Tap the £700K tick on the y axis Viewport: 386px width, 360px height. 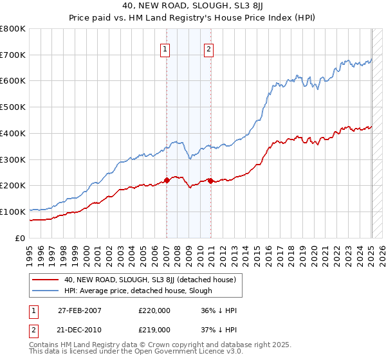(x=13, y=55)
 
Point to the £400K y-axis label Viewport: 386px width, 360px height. (x=13, y=133)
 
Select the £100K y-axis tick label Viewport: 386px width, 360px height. (x=13, y=212)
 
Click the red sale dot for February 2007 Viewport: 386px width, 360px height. (x=167, y=180)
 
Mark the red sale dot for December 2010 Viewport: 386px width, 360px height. (x=210, y=181)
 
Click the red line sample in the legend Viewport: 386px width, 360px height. (x=47, y=280)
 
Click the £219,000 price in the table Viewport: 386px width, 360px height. (x=154, y=329)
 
